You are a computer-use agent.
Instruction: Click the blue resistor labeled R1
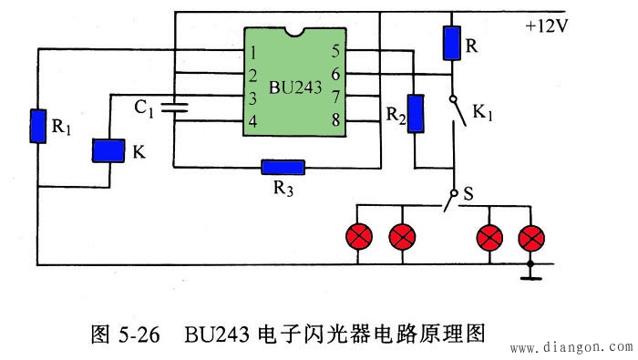click(x=38, y=126)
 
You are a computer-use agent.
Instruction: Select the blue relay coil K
click(x=108, y=150)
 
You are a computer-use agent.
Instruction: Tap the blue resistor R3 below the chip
click(x=283, y=167)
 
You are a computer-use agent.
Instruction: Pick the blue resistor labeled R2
click(x=416, y=114)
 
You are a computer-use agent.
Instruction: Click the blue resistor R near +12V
click(x=452, y=43)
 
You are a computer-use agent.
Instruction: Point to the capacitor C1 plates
click(x=175, y=108)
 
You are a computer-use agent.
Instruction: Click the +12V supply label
click(x=547, y=26)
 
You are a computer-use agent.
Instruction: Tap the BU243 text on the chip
click(x=295, y=87)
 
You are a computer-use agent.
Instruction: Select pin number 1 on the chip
click(x=253, y=53)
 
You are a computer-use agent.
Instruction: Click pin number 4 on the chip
click(x=253, y=121)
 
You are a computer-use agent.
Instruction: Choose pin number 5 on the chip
click(x=335, y=51)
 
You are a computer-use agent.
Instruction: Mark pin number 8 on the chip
click(x=335, y=120)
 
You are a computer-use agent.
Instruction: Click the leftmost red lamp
click(x=359, y=237)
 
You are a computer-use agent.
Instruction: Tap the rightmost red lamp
click(x=531, y=238)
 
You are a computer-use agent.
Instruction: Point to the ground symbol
click(x=530, y=278)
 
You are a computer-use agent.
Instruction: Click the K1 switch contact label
click(x=482, y=112)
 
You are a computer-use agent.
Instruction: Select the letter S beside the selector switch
click(x=468, y=193)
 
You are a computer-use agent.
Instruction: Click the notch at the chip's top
click(x=295, y=32)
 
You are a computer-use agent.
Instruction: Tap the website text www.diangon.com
click(x=571, y=348)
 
